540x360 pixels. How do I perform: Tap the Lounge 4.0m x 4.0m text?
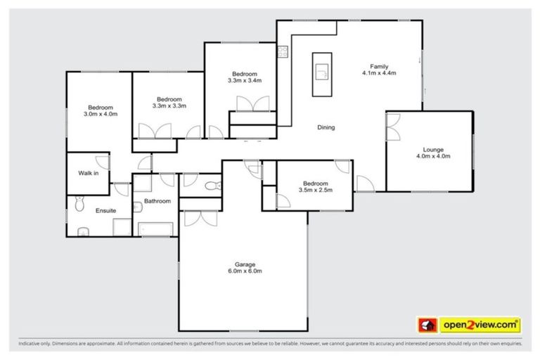(x=432, y=153)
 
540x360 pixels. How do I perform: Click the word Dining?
(x=326, y=127)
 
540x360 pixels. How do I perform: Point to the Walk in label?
(x=88, y=173)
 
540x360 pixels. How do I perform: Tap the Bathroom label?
(x=157, y=201)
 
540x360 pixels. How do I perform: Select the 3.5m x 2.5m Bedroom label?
(x=314, y=186)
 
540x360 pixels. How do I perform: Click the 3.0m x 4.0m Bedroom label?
(x=101, y=110)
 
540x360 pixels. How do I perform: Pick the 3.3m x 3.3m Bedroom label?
(x=169, y=103)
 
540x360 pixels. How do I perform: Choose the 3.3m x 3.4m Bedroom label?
(x=244, y=77)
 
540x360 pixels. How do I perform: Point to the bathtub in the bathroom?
(x=155, y=229)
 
